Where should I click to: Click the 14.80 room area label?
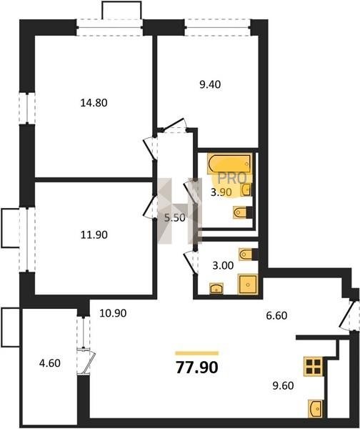coord(94,103)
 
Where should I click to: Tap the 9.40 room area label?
coord(210,84)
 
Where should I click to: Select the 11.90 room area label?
coord(94,235)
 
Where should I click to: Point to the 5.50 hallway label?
coord(174,218)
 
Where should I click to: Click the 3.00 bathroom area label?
coord(223,265)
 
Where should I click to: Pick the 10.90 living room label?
coord(113,313)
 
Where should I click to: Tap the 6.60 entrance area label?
coord(276,315)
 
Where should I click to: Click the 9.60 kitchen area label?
coord(283,385)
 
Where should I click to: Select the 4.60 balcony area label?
coord(49,363)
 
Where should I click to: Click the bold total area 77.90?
coord(197,368)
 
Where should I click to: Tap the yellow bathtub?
coord(229,164)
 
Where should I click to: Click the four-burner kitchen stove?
coord(314,367)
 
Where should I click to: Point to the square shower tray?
coord(248,285)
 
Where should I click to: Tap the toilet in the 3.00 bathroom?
coord(248,255)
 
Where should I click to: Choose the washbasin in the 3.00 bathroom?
coord(216,289)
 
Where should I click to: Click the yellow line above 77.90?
coord(197,353)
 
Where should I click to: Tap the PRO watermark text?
coord(232,178)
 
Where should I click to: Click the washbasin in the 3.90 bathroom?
coord(246,189)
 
